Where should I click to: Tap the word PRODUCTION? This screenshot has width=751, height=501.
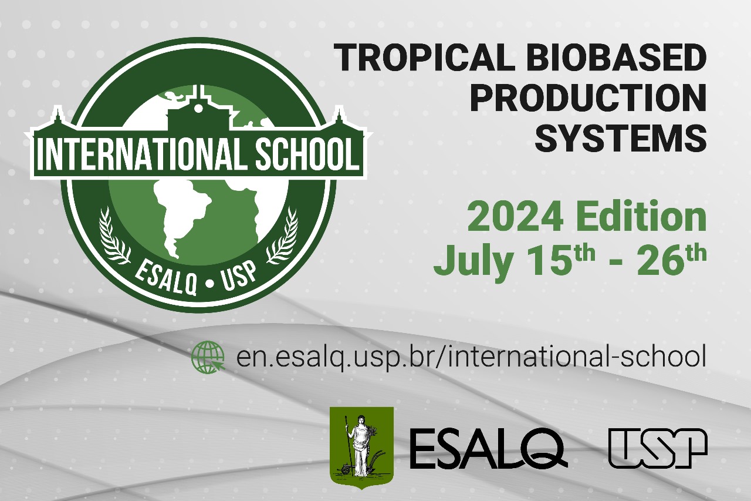coord(588,98)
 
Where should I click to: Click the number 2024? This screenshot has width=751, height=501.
coord(516,217)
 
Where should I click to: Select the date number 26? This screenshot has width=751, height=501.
coord(661,261)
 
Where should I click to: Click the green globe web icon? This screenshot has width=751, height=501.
coord(208,357)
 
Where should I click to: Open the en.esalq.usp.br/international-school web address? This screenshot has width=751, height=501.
coord(471,357)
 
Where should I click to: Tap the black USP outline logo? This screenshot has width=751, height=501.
coord(658,448)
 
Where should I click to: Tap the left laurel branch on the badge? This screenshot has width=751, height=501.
coord(113,235)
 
